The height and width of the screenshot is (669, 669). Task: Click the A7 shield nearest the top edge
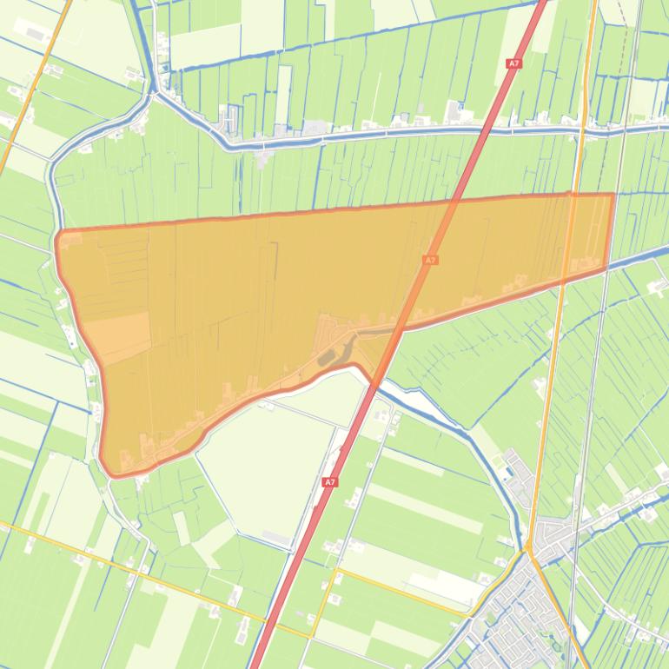[x=513, y=63]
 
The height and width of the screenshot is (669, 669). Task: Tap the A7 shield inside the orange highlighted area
[x=430, y=260]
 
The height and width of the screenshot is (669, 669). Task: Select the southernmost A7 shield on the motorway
[x=329, y=481]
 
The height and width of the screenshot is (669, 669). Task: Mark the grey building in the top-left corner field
[x=35, y=33]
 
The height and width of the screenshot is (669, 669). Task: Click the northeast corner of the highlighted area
[x=613, y=195]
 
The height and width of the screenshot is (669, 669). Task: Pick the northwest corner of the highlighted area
[x=58, y=234]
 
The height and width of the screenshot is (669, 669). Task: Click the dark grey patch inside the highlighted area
[x=327, y=356]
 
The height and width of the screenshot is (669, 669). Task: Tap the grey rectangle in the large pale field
[x=279, y=538]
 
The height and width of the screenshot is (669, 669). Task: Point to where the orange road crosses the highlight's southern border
[x=563, y=281]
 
